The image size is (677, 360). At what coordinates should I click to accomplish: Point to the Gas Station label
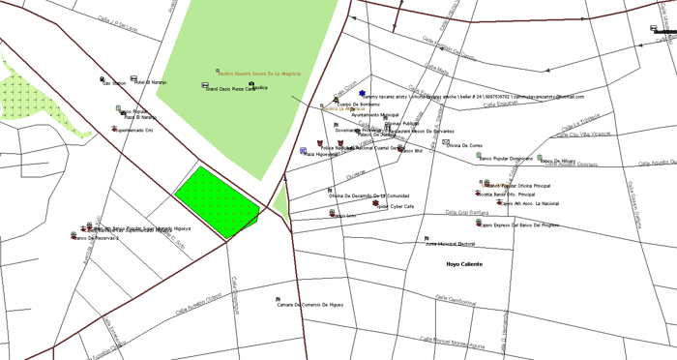[x=114, y=83]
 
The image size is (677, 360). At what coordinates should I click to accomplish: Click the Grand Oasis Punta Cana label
[x=220, y=89]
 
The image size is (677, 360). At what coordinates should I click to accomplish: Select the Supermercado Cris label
[x=134, y=131]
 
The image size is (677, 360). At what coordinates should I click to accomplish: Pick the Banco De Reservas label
[x=103, y=237]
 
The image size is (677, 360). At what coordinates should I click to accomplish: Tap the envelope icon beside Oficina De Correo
[x=446, y=142]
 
